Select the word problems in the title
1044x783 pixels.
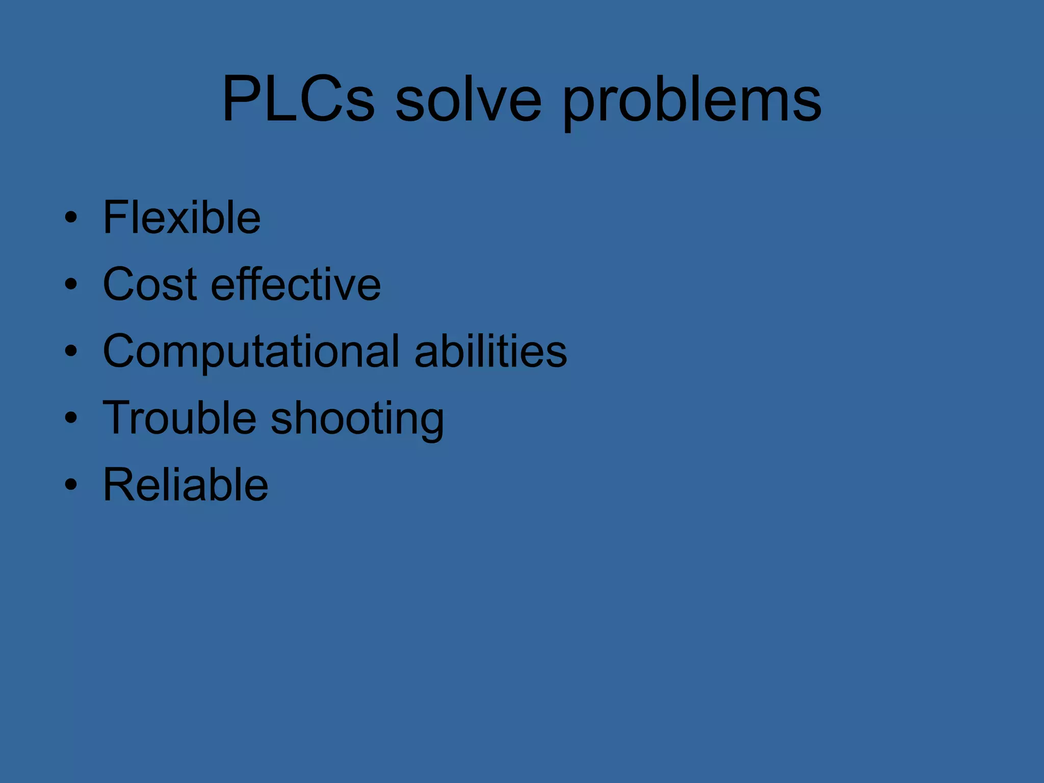(x=692, y=99)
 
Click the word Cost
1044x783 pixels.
(x=150, y=284)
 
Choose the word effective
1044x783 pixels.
(x=296, y=284)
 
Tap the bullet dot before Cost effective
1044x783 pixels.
(x=71, y=284)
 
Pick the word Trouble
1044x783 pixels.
(x=179, y=417)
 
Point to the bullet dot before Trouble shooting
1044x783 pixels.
(x=71, y=417)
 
